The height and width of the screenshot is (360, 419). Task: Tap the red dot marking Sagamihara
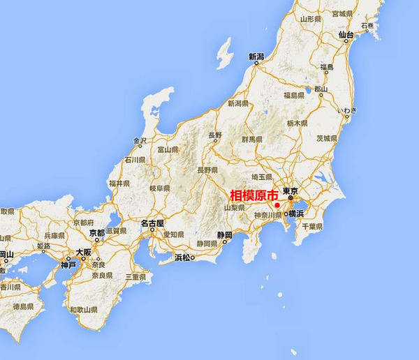tap(277, 205)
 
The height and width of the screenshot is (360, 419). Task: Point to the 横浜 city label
tap(295, 213)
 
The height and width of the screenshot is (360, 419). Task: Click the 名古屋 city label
tap(152, 224)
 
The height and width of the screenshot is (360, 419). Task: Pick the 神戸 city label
tap(68, 264)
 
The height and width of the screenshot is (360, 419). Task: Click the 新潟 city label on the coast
tap(256, 57)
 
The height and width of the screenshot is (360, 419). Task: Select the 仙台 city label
tap(345, 33)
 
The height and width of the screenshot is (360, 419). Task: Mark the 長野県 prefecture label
tap(207, 170)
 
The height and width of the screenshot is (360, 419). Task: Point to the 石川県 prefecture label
tap(135, 160)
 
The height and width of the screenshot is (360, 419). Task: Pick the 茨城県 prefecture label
tap(327, 138)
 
